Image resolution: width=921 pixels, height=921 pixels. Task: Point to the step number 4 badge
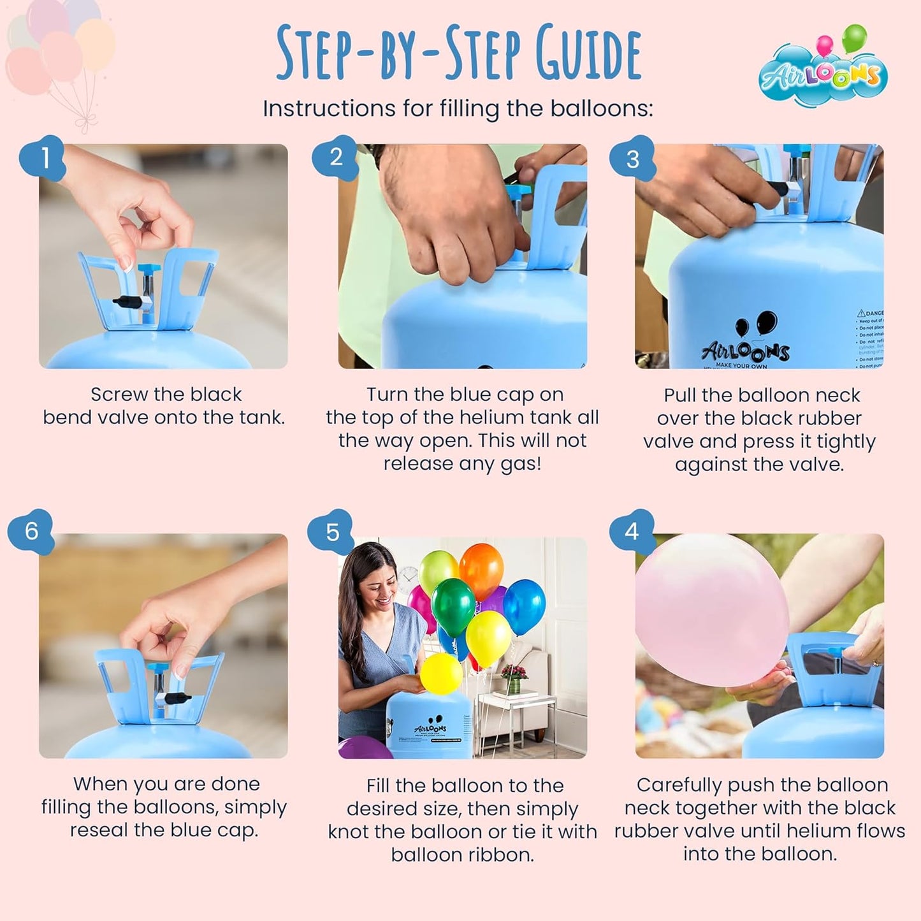click(632, 532)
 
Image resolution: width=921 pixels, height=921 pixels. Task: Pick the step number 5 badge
click(332, 532)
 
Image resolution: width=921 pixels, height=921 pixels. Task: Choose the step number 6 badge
click(31, 531)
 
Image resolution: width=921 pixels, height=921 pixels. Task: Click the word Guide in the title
click(588, 54)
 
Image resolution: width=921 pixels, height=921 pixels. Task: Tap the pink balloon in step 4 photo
click(711, 609)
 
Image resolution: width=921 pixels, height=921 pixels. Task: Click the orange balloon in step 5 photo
click(481, 569)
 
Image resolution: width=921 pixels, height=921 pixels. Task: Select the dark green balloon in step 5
click(453, 606)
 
